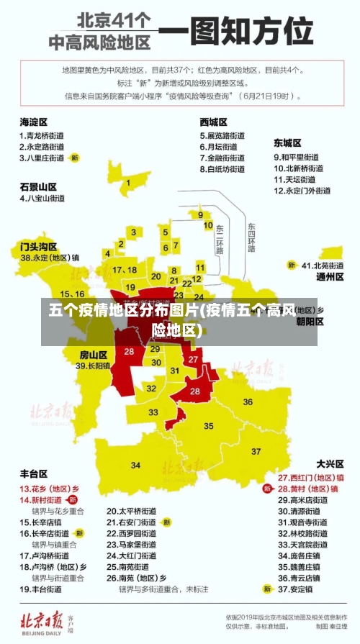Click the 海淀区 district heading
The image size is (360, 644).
pyautogui.click(x=33, y=122)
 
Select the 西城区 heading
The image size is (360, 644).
pyautogui.click(x=214, y=122)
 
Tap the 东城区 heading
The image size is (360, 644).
pyautogui.click(x=287, y=143)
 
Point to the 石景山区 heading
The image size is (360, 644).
pyautogui.click(x=38, y=186)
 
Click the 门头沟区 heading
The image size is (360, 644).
pyautogui.click(x=38, y=246)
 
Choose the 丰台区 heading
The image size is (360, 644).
pyautogui.click(x=33, y=474)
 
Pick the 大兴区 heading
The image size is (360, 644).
pyautogui.click(x=330, y=464)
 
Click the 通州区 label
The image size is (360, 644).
pyautogui.click(x=330, y=276)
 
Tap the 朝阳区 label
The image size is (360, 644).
pyautogui.click(x=310, y=322)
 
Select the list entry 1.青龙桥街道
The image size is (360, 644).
pyautogui.click(x=42, y=135)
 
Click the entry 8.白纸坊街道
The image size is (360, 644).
pyautogui.click(x=222, y=169)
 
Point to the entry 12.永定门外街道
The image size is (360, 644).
pyautogui.click(x=302, y=191)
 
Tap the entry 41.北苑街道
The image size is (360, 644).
pyautogui.click(x=323, y=265)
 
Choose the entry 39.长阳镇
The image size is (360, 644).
pyautogui.click(x=94, y=366)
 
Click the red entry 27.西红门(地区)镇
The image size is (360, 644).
pyautogui.click(x=311, y=477)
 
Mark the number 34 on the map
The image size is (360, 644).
pyautogui.click(x=135, y=466)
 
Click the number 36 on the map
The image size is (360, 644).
pyautogui.click(x=248, y=402)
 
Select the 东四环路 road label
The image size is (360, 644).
pyautogui.click(x=251, y=238)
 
